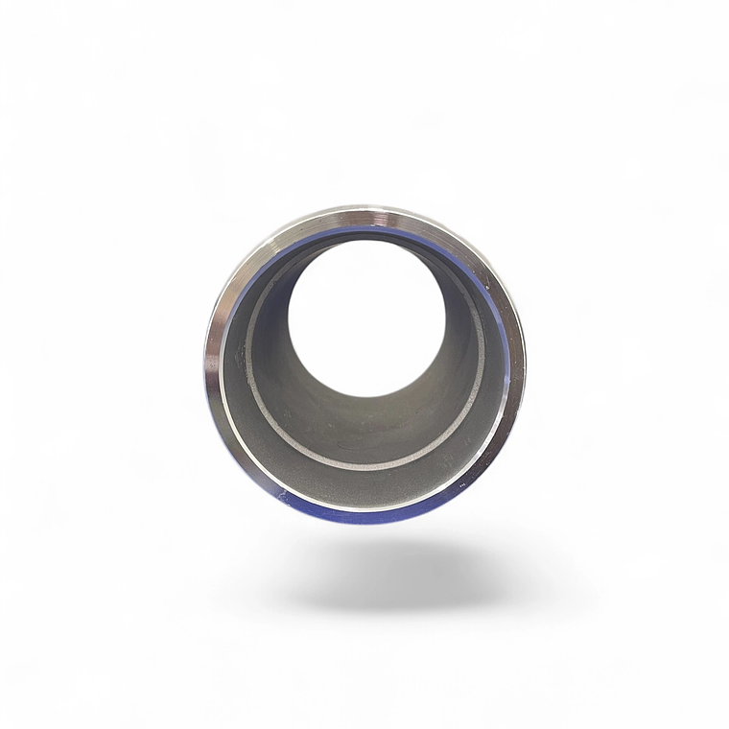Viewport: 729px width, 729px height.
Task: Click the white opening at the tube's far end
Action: [x=366, y=317]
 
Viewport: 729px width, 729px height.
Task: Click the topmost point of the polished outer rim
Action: [x=364, y=208]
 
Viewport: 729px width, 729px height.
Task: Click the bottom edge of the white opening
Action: [x=366, y=396]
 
